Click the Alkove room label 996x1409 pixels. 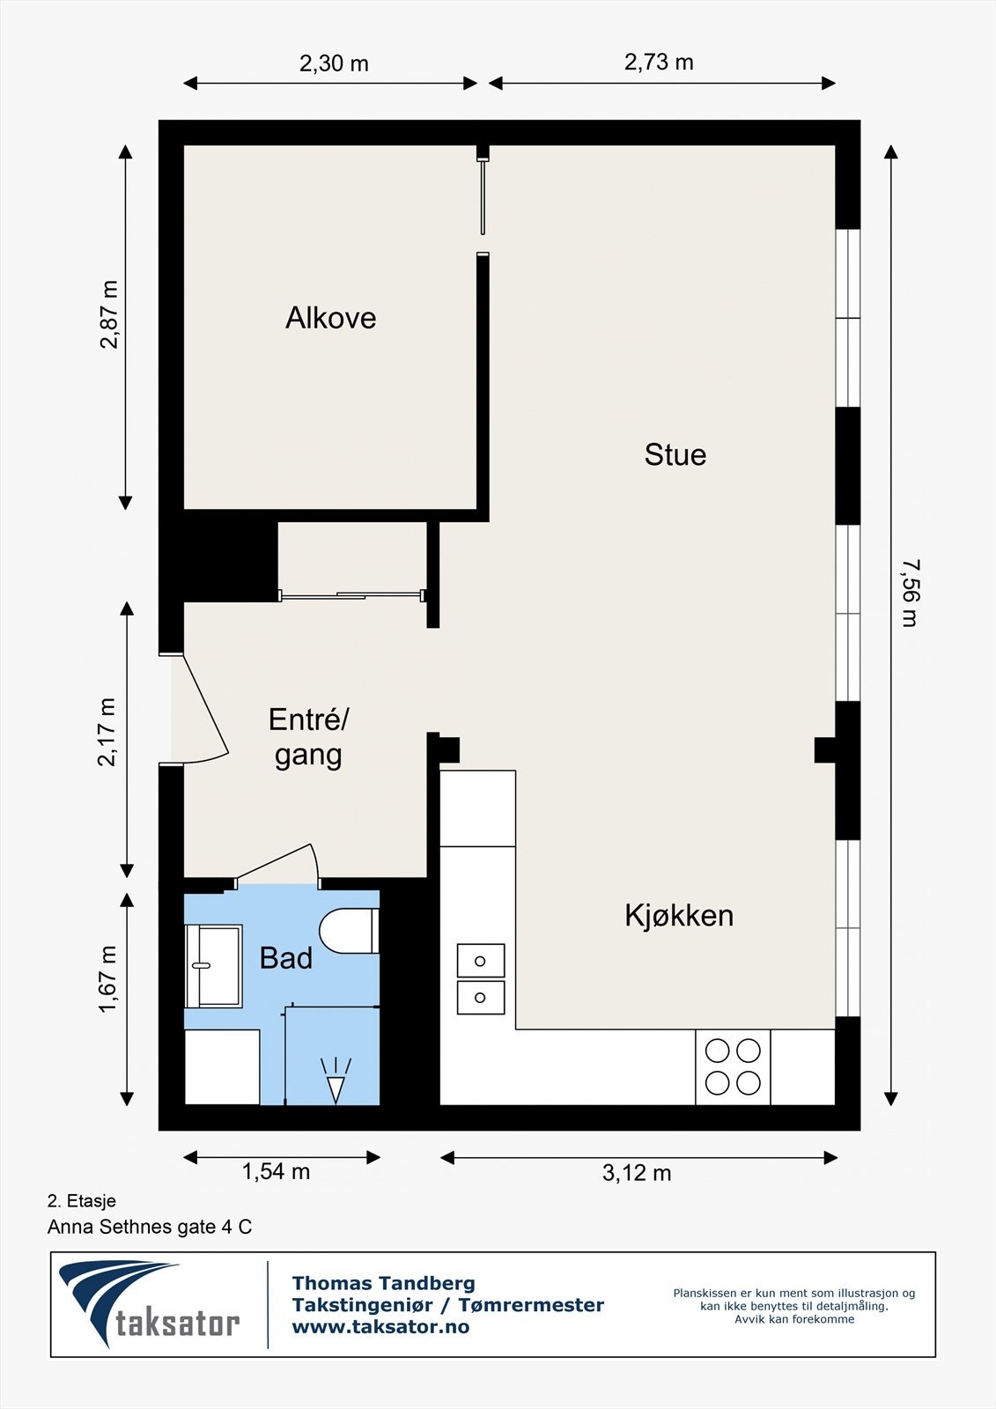(x=330, y=318)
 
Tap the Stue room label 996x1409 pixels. (x=675, y=454)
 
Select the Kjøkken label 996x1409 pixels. (x=679, y=915)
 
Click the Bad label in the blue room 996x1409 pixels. (x=285, y=957)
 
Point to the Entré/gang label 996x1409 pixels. (x=308, y=737)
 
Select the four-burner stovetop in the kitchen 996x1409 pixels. (x=733, y=1066)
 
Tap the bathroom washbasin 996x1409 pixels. (x=212, y=965)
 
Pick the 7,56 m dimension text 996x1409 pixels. (x=910, y=593)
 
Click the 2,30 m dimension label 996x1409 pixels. (x=334, y=63)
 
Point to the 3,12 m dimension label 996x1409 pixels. (x=637, y=1173)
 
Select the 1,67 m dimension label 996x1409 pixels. (x=107, y=980)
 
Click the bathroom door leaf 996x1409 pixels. (x=275, y=862)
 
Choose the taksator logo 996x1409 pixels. (x=150, y=1304)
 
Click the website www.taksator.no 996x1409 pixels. (x=380, y=1327)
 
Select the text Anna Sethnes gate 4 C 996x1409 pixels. (x=150, y=1227)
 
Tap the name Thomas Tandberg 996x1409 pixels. (x=383, y=1283)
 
